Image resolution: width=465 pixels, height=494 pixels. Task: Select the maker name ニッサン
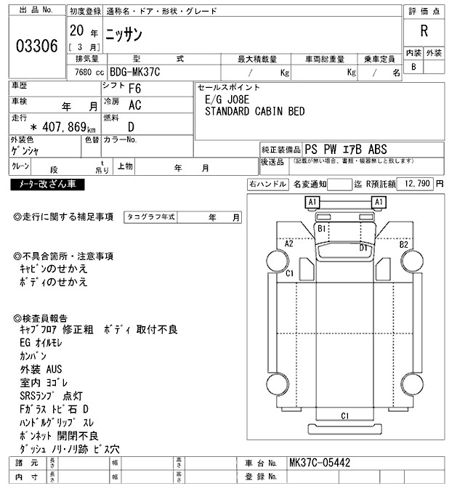tap(124, 33)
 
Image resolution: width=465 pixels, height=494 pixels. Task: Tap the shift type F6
tap(134, 89)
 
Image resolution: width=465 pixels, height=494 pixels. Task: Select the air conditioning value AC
tap(134, 105)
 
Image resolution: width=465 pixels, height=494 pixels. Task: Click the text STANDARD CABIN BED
tap(254, 111)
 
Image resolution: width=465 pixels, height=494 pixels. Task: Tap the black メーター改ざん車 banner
tap(47, 185)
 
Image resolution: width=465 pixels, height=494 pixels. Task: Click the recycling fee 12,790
tap(417, 184)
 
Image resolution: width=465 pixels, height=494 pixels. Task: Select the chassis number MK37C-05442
tap(320, 462)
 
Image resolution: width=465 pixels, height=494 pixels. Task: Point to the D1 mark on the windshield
tap(364, 248)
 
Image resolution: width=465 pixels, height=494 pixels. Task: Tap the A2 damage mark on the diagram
tap(288, 243)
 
